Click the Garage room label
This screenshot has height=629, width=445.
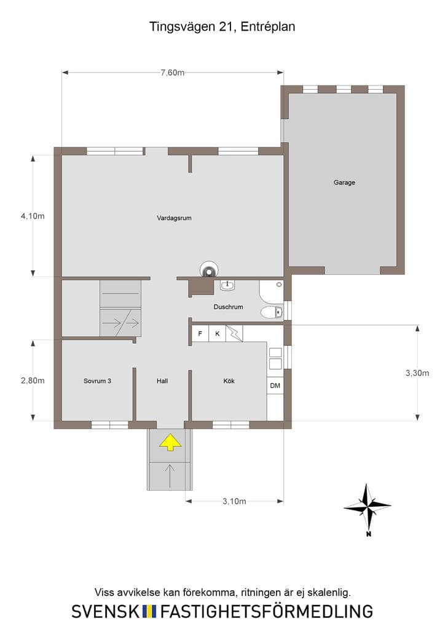click(344, 182)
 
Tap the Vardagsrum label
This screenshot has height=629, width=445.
click(174, 218)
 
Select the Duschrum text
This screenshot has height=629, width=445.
click(228, 307)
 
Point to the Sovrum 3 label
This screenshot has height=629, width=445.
click(97, 381)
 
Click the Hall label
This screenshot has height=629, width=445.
click(162, 381)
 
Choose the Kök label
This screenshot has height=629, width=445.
click(229, 381)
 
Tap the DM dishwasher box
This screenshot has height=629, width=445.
click(275, 386)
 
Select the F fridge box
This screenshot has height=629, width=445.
click(200, 334)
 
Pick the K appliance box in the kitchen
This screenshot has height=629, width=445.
click(218, 334)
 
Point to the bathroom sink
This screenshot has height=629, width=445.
click(227, 285)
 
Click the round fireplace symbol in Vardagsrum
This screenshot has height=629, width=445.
click(210, 270)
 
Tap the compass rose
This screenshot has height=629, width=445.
click(367, 507)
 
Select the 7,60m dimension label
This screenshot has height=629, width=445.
click(173, 72)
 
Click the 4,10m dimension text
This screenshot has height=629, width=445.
click(33, 216)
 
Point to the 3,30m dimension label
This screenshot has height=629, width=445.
click(417, 373)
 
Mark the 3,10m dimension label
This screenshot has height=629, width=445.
click(234, 501)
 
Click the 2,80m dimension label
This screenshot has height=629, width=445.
click(33, 380)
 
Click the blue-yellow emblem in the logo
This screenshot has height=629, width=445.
click(149, 611)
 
